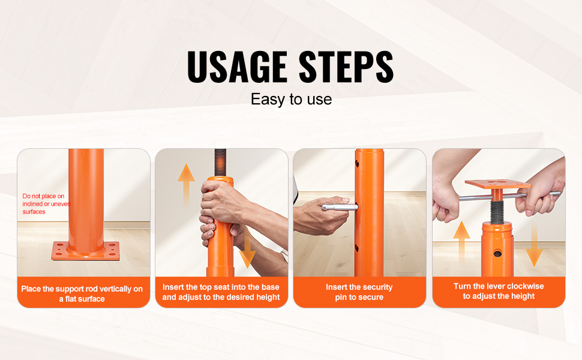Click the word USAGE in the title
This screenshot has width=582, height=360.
click(x=237, y=67)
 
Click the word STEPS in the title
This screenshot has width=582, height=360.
click(x=346, y=67)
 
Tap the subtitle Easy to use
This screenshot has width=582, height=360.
click(x=292, y=99)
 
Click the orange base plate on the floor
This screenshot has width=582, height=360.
click(x=86, y=251)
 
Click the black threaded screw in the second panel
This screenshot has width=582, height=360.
click(x=220, y=163)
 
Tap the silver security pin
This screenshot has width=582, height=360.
click(x=339, y=207)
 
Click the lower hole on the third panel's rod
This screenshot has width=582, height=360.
click(x=356, y=248)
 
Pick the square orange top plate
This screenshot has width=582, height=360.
click(x=498, y=184)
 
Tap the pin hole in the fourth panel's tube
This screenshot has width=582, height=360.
click(x=497, y=253)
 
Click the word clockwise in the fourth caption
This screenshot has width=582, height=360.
click(x=525, y=286)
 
